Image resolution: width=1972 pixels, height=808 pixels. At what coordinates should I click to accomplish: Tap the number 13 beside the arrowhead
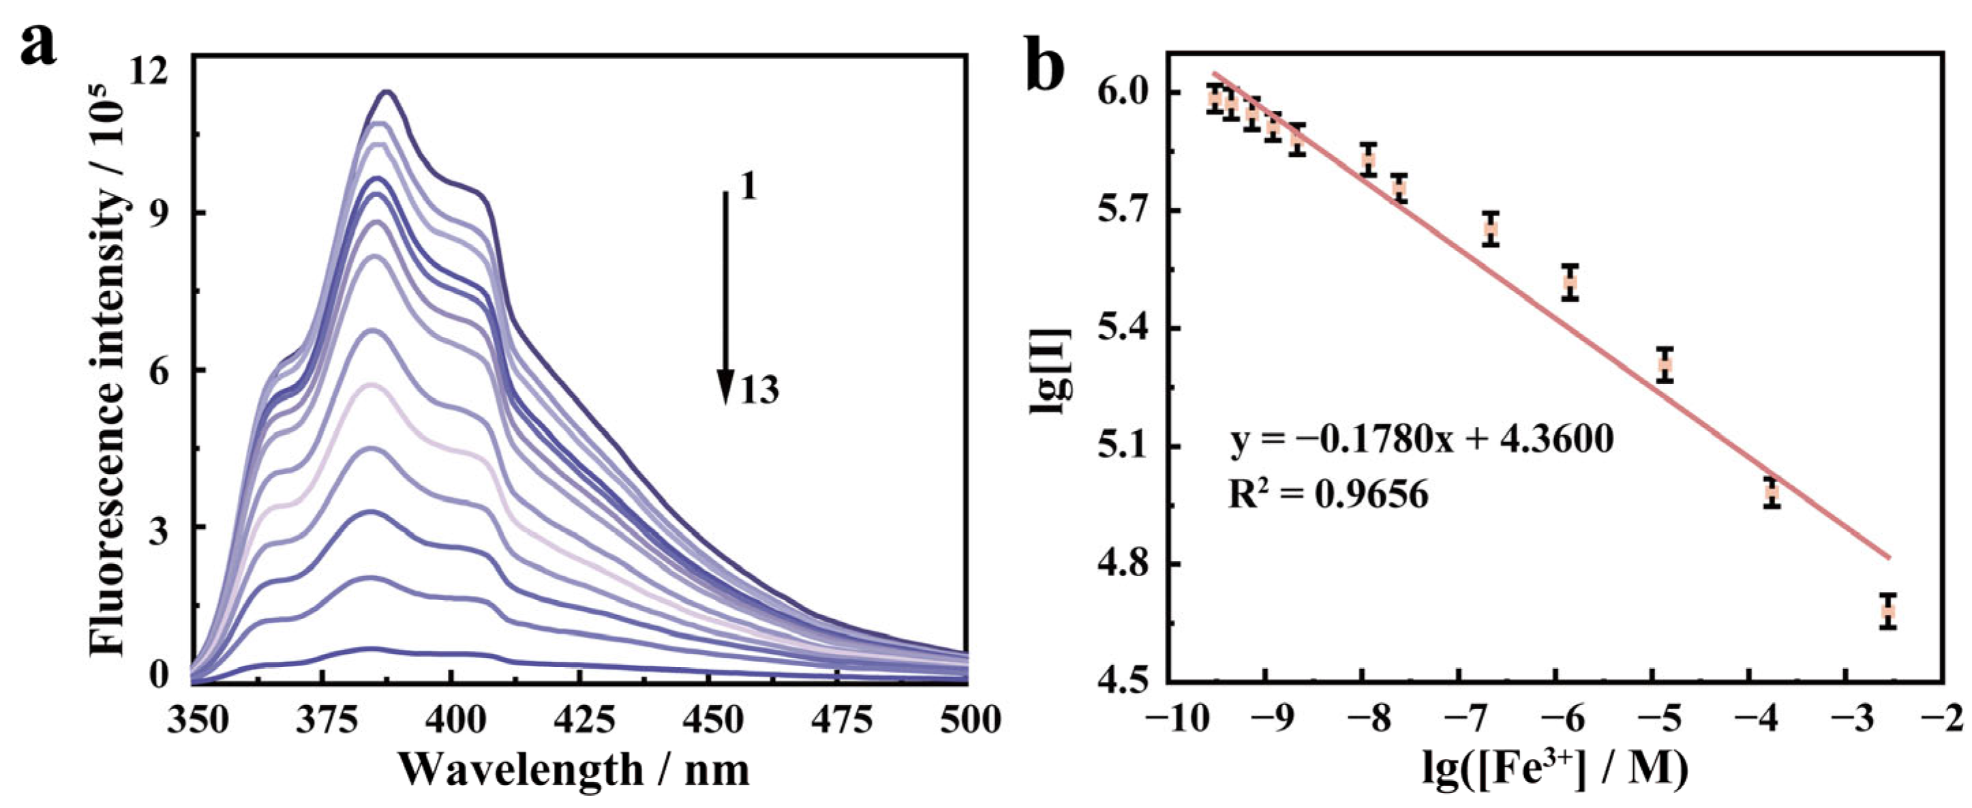759,391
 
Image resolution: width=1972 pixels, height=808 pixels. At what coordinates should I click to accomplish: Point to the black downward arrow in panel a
724,299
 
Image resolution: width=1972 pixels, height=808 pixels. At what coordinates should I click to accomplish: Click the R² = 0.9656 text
1329,496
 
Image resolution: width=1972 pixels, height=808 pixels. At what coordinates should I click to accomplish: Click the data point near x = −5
1665,365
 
